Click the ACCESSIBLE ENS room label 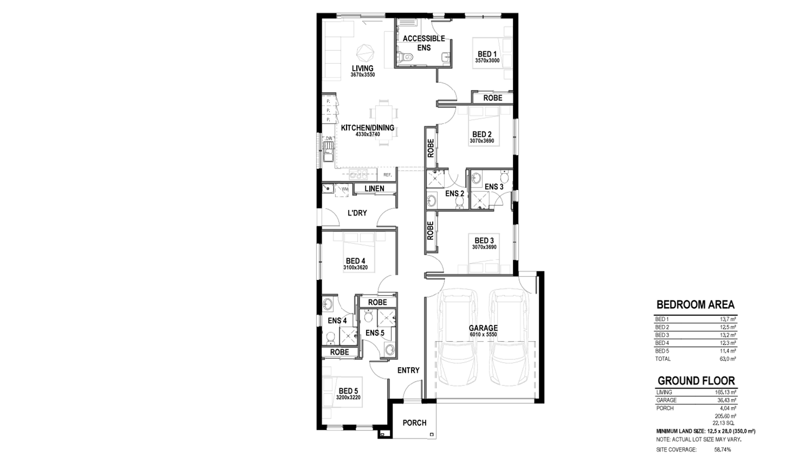pos(424,43)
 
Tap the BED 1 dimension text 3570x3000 pos(487,61)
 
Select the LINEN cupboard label pos(374,188)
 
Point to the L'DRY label pos(357,213)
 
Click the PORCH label pos(414,423)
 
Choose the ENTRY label pos(408,370)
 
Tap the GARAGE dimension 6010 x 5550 pos(483,335)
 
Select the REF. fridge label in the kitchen pos(387,175)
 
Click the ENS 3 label pos(494,187)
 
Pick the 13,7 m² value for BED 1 pos(728,319)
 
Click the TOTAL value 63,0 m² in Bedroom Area pos(728,359)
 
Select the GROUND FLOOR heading pos(696,381)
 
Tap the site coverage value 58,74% pos(722,450)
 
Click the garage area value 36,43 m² pos(727,400)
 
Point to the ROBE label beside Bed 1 pos(493,98)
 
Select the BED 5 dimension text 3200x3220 pos(348,397)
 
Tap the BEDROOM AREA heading pos(695,305)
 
